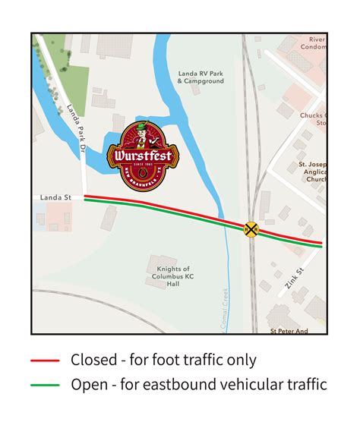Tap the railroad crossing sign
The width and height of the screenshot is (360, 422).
[x=251, y=228]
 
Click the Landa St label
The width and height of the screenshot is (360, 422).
[x=56, y=197]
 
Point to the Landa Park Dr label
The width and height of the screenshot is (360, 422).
[x=74, y=126]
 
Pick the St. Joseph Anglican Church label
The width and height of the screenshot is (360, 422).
[x=312, y=172]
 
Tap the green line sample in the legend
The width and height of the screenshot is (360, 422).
[x=46, y=385]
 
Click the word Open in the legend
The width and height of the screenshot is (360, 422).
[x=88, y=386]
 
